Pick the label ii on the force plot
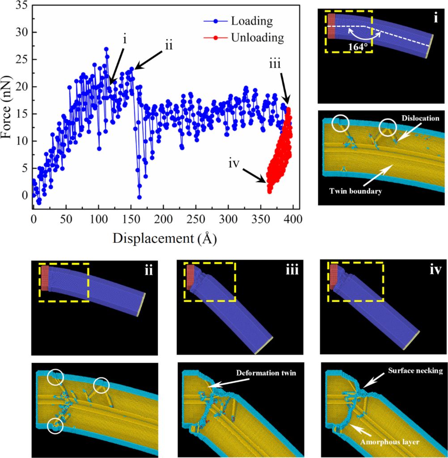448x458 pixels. point(168,45)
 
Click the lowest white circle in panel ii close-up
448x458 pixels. point(55,425)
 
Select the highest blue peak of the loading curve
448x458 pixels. point(106,48)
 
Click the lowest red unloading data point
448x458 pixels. point(270,191)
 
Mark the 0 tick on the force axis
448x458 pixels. point(25,195)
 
